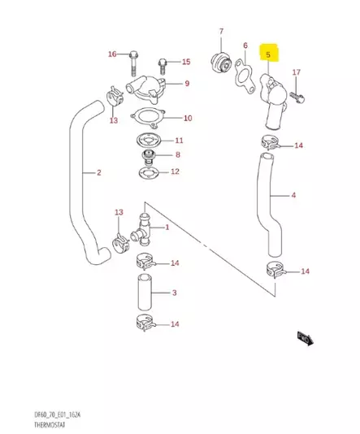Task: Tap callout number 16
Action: coord(113,54)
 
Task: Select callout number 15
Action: coord(185,62)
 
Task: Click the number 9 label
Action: coord(186,84)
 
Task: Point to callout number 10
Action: coord(187,118)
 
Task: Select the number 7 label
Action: coord(220,32)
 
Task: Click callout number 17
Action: coord(297,73)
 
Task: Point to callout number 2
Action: coord(98,172)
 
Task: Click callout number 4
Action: coord(293,195)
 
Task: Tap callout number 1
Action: coord(167,228)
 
